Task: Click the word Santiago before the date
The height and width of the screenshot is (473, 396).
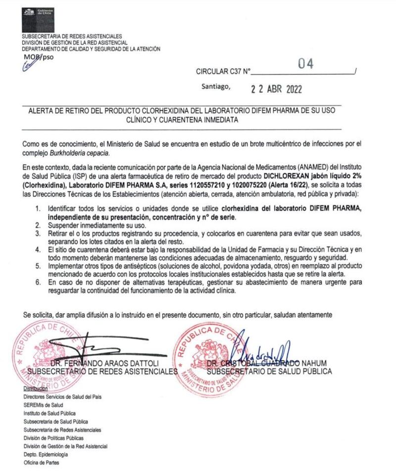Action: click(216, 87)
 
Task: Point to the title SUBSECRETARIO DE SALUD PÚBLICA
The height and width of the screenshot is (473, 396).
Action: click(269, 372)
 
